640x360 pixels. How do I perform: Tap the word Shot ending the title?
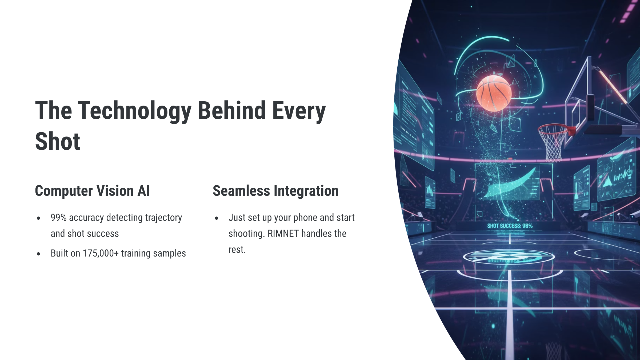58,141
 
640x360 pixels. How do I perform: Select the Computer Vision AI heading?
92,191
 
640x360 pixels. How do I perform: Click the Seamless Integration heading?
276,191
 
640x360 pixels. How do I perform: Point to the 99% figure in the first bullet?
58,218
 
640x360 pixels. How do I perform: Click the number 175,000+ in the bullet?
101,253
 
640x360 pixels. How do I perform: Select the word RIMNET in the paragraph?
283,234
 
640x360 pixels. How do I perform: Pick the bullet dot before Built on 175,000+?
39,254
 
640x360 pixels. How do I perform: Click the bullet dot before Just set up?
217,218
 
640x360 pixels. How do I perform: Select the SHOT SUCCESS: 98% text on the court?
510,226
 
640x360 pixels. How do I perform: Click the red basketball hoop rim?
555,129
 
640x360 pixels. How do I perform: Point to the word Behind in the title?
232,111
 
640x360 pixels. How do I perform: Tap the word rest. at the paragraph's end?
237,250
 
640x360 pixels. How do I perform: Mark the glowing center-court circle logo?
509,257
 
